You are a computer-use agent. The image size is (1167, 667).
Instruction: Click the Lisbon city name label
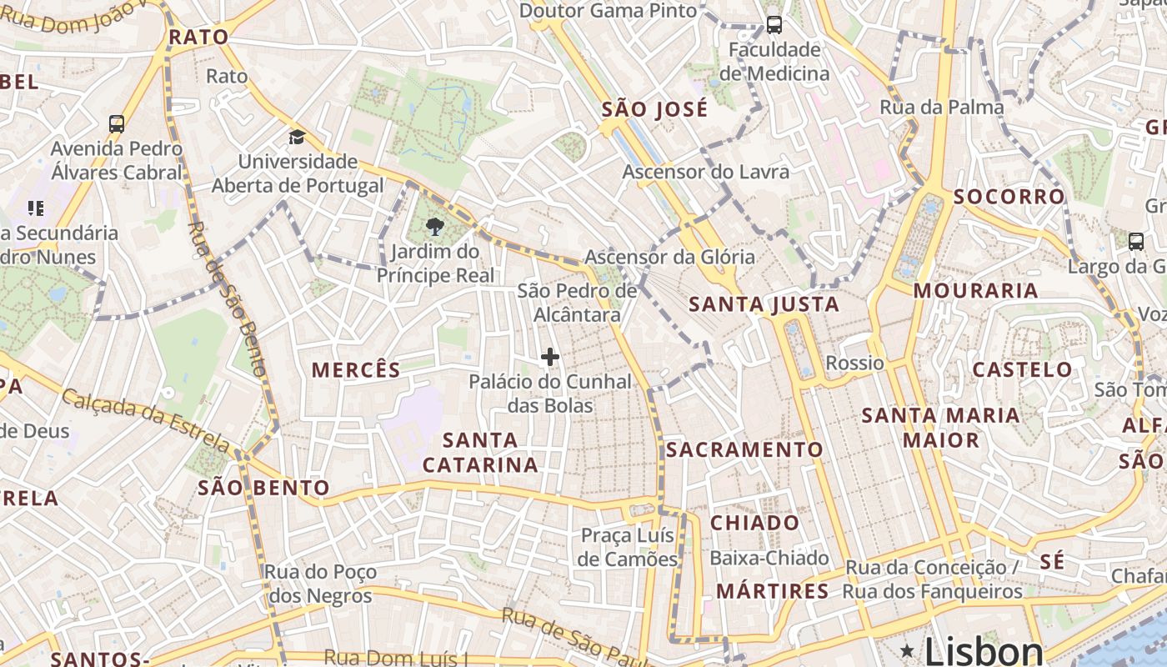point(984,651)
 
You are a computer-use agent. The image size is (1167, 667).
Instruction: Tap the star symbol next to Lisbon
point(907,649)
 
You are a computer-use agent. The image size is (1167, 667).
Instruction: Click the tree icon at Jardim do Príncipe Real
point(434,226)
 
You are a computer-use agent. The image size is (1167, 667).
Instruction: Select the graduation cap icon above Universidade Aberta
point(297,137)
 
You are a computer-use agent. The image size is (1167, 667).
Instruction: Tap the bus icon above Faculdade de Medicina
point(774,25)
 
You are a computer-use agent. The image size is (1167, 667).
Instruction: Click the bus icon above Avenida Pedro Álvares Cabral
point(117,124)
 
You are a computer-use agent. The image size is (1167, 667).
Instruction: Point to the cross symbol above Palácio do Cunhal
point(550,357)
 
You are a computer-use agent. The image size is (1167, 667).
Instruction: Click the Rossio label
point(854,363)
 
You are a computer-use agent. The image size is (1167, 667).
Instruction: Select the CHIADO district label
point(754,523)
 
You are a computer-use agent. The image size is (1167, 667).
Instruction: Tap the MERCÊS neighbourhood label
point(356,369)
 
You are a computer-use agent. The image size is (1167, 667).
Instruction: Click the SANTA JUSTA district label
point(764,304)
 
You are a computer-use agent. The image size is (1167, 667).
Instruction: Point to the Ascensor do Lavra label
point(706,172)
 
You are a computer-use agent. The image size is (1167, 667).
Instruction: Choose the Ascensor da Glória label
point(669,257)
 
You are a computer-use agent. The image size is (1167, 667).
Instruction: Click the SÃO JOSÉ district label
point(654,109)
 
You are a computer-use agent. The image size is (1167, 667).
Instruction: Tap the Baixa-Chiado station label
point(769,558)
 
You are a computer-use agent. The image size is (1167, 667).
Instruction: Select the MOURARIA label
point(975,291)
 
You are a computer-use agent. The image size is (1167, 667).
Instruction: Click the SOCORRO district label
point(1009,197)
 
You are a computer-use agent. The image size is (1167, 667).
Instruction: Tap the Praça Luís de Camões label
point(629,546)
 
